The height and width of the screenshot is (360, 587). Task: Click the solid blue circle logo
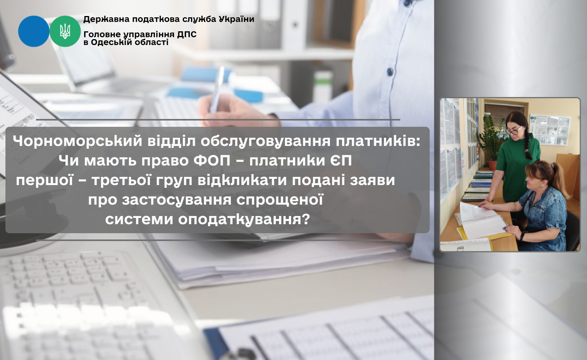34,31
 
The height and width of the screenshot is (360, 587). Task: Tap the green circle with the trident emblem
65,31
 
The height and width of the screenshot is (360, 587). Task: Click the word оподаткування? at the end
244,220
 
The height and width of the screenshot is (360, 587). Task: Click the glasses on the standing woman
514,131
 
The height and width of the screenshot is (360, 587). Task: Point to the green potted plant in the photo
492,142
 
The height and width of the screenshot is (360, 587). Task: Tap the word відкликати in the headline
242,180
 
